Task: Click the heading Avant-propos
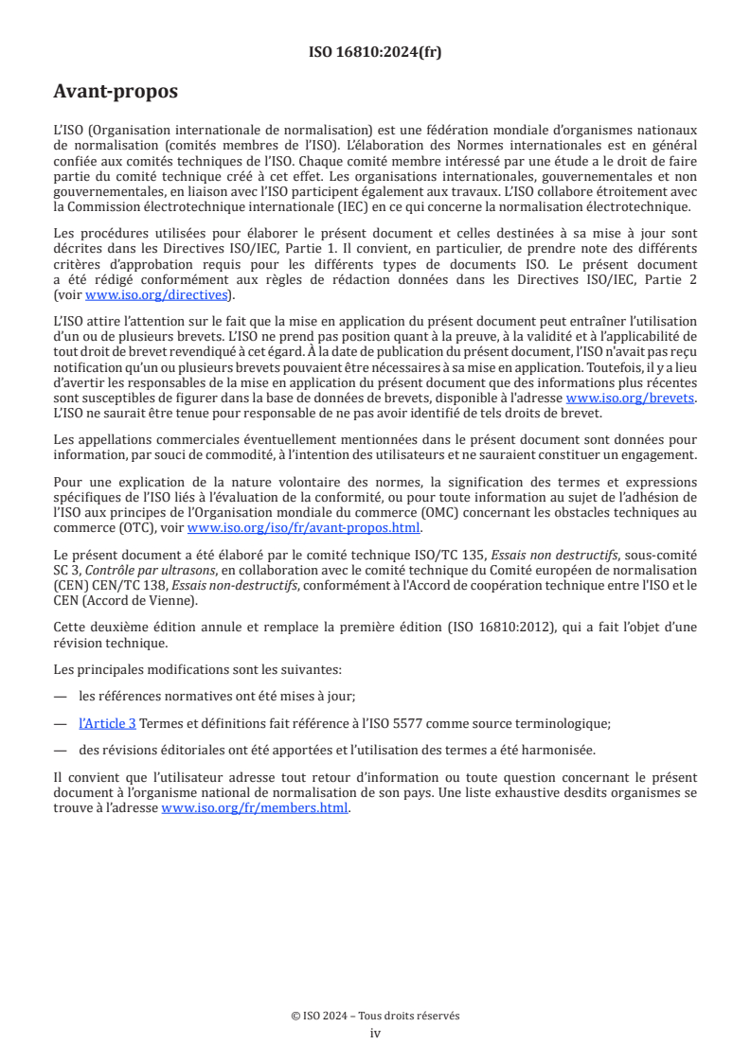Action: [116, 93]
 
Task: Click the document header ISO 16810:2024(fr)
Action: [375, 52]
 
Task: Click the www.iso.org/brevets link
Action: [630, 398]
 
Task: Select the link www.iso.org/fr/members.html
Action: [255, 808]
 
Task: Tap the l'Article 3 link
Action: [107, 723]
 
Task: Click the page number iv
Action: [375, 1033]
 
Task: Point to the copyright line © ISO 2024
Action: [375, 1016]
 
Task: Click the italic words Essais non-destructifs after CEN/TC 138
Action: [221, 585]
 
